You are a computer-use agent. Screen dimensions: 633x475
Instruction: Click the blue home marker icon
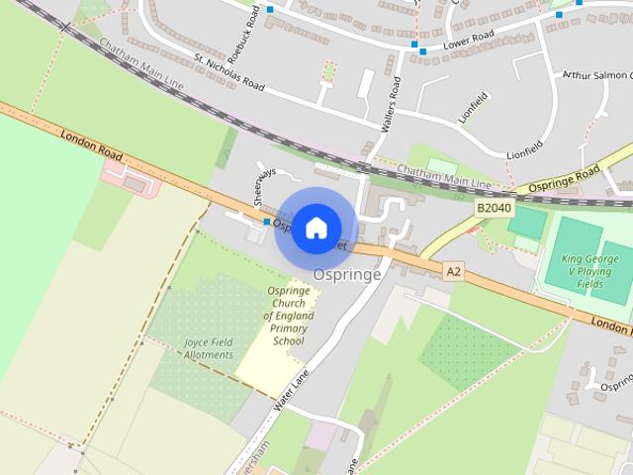(316, 229)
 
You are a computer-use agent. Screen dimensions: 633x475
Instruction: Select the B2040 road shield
(493, 209)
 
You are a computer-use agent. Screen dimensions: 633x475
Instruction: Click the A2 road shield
(453, 269)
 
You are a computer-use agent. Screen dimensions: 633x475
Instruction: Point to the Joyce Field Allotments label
(209, 348)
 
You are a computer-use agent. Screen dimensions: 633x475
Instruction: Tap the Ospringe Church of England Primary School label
(288, 316)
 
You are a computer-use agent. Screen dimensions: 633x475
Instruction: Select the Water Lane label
(293, 392)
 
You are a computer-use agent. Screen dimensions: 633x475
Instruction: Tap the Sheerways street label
(263, 186)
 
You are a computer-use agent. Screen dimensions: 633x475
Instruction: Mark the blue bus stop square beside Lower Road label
(423, 49)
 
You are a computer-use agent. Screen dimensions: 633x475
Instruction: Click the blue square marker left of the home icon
(267, 222)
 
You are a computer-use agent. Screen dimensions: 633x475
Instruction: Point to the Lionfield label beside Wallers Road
(474, 108)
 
